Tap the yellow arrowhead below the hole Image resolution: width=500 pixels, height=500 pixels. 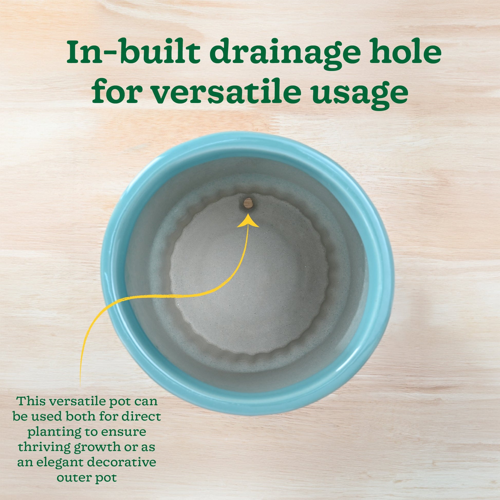tap(248, 221)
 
